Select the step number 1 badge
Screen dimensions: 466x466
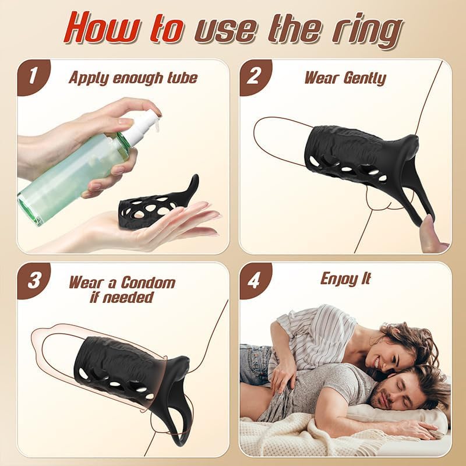(31, 76)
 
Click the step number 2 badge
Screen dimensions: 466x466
(254, 76)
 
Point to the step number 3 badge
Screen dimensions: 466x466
(31, 279)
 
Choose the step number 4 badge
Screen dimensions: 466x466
(254, 279)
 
